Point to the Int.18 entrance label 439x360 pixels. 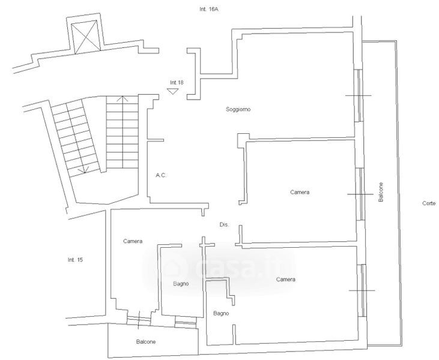[x=177, y=82]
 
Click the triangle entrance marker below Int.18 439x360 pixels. [x=173, y=91]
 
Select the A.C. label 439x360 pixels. [x=161, y=175]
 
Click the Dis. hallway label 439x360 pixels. [x=225, y=224]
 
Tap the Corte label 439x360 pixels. [x=429, y=203]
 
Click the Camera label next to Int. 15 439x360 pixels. [x=133, y=241]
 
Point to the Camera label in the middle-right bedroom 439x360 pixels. [x=300, y=192]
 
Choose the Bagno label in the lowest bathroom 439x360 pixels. [x=220, y=313]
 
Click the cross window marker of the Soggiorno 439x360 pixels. [x=359, y=96]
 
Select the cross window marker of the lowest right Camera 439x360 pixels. [x=362, y=290]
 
